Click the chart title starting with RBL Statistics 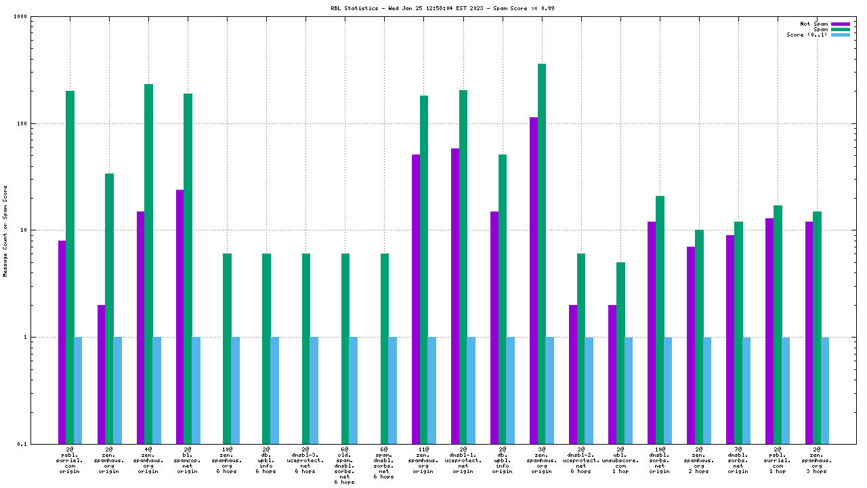click(x=433, y=8)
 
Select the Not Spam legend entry click(x=840, y=24)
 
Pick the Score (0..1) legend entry click(x=840, y=35)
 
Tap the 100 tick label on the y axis click(x=40, y=124)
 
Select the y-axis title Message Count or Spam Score click(x=5, y=230)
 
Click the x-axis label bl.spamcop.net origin click(x=188, y=460)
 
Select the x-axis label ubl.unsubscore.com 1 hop click(x=620, y=460)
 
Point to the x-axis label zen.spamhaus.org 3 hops click(x=817, y=460)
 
